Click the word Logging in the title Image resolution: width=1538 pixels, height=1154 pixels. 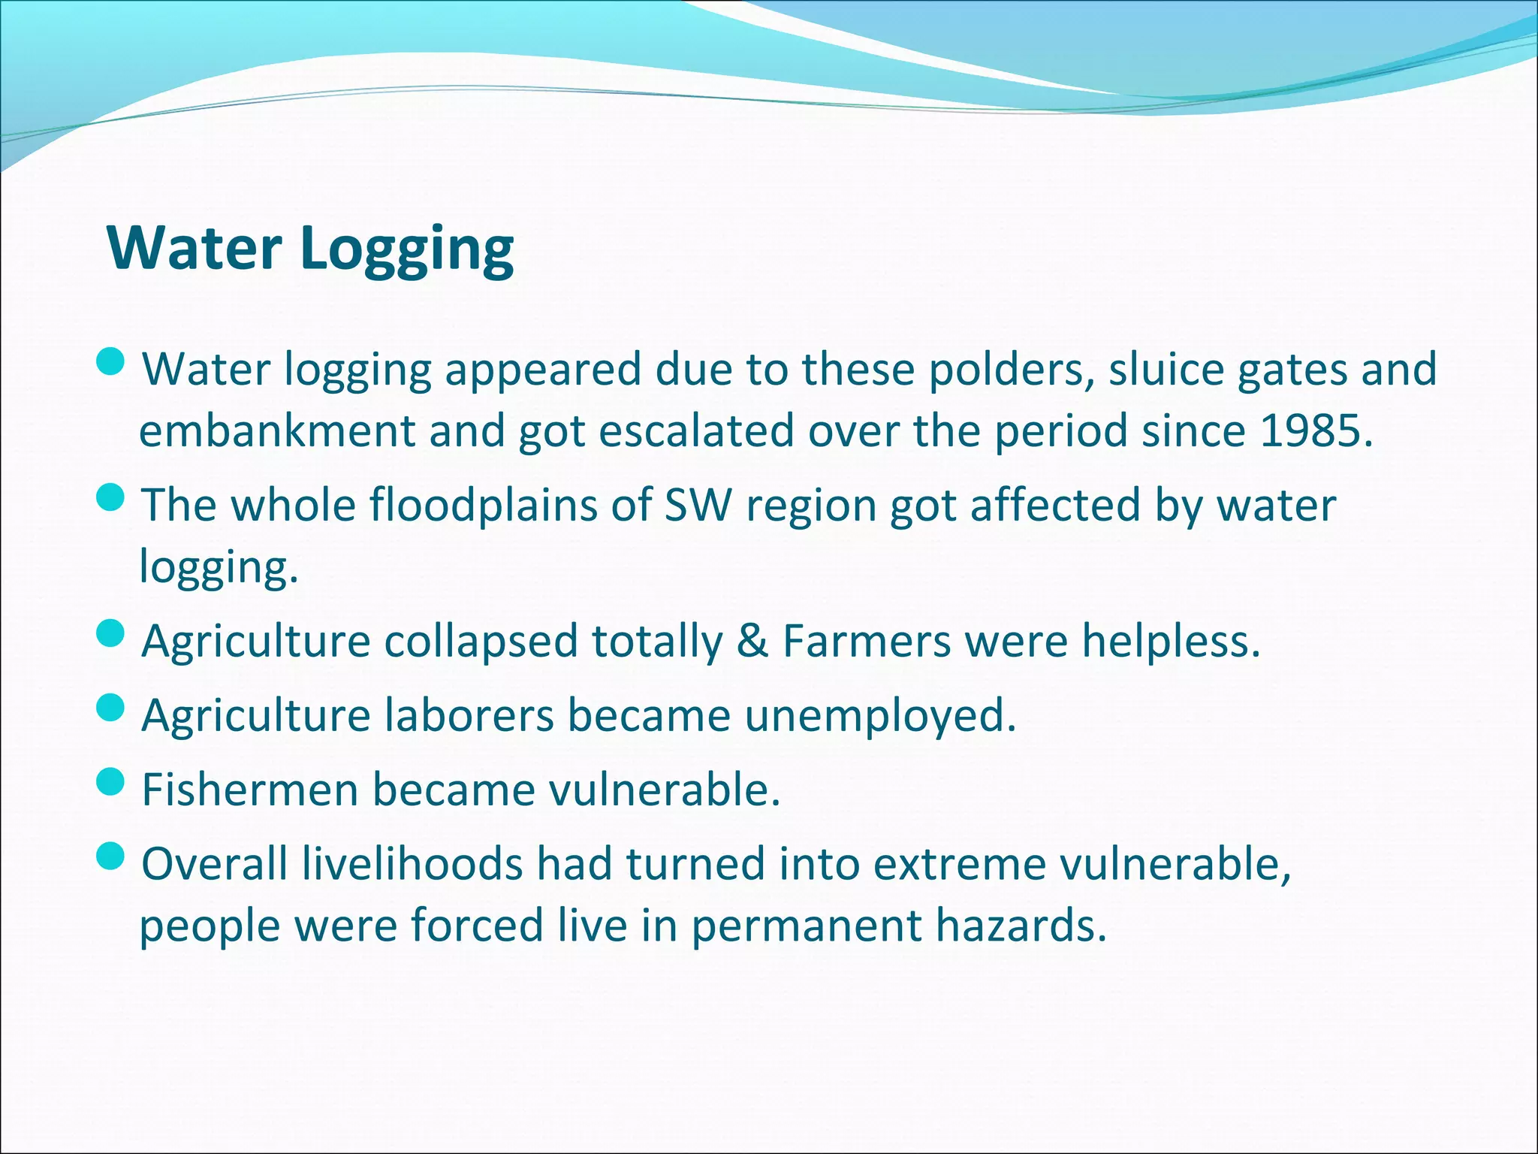(x=407, y=249)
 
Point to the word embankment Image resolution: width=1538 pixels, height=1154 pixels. (x=277, y=431)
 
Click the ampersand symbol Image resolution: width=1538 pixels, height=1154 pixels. (x=752, y=642)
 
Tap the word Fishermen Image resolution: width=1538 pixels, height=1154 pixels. (x=250, y=790)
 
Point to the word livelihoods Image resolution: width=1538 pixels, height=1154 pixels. (x=412, y=864)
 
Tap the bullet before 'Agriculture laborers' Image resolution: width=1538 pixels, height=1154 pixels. (x=111, y=708)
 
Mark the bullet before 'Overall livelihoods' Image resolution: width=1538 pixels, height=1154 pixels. (x=111, y=856)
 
